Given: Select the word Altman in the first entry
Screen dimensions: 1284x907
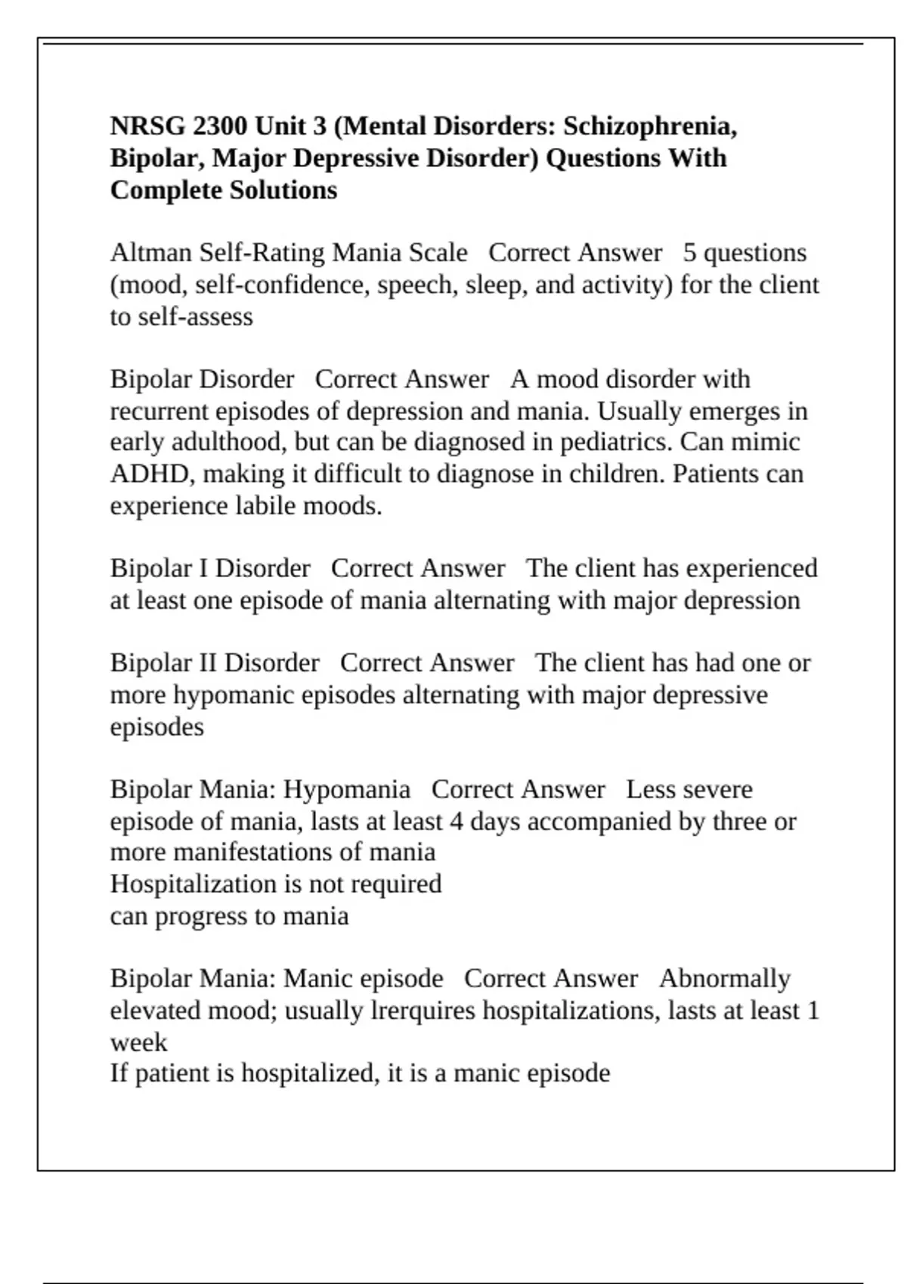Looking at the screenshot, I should (x=151, y=253).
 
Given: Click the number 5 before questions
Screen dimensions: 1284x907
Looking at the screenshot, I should (x=689, y=253).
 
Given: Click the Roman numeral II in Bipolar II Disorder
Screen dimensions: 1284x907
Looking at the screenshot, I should (x=207, y=663).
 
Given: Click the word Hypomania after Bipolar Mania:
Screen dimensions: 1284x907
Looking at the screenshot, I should (x=346, y=790).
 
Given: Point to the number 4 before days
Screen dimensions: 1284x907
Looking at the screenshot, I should (x=456, y=822).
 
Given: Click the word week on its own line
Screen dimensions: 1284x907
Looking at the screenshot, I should (x=138, y=1042).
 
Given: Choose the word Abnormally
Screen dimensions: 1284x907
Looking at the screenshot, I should (x=724, y=979).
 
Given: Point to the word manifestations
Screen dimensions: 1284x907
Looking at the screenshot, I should (x=252, y=853).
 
